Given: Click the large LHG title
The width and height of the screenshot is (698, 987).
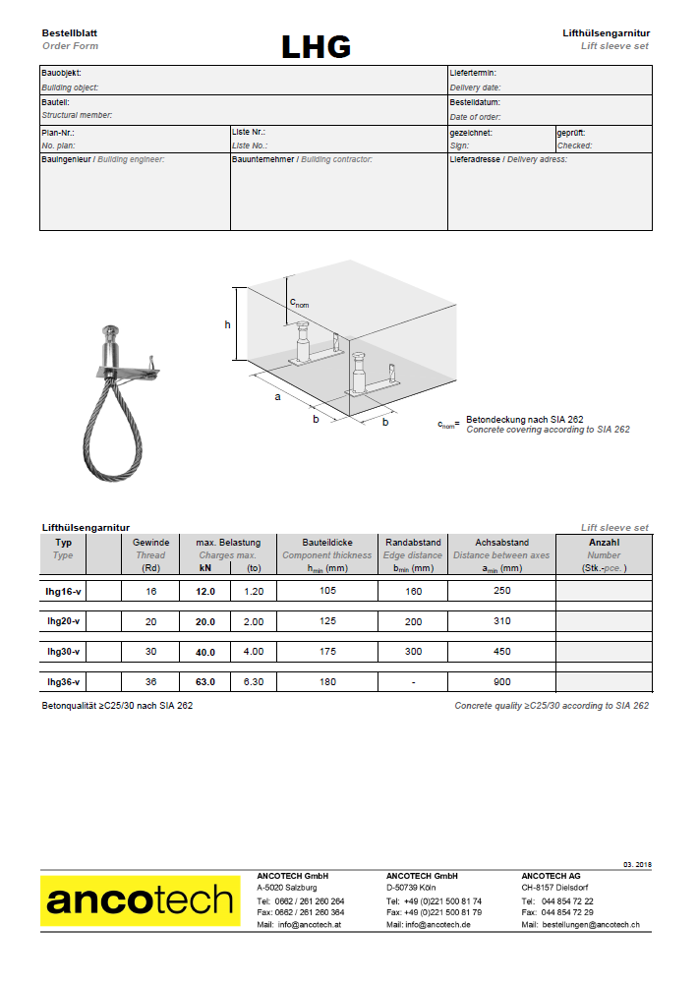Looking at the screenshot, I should point(316,46).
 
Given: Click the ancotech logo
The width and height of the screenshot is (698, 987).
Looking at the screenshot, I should point(142,900).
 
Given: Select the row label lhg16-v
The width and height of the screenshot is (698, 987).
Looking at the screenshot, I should point(64,591).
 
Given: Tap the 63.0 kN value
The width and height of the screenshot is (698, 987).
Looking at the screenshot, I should point(205,681).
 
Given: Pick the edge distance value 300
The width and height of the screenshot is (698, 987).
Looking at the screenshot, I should point(413,651).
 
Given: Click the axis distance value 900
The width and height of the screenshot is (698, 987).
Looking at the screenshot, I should point(502,681).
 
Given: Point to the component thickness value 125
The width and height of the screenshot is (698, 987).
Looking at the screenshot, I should point(328,621).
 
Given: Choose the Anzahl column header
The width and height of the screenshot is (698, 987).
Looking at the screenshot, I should point(604,542).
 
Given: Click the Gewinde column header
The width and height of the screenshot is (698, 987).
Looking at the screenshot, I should point(151,542).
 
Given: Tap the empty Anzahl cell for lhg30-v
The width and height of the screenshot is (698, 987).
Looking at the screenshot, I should point(604,652).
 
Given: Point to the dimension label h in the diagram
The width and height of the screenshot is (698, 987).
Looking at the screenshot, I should point(228,324).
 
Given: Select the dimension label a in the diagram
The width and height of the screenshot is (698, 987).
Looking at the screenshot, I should point(277,397).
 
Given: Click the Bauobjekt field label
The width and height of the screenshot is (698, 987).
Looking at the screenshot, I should point(61,73).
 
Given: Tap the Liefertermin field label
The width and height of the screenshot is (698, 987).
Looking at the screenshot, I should point(473,73).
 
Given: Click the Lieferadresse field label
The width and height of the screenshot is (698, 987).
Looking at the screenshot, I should point(475,159).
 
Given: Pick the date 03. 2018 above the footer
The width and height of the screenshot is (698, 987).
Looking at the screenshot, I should point(637,863).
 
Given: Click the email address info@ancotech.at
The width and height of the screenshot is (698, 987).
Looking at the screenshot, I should point(311,925).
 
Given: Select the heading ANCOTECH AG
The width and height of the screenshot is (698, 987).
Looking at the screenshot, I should point(551,875).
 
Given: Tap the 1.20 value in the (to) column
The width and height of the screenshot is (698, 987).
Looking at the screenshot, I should point(254,591).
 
